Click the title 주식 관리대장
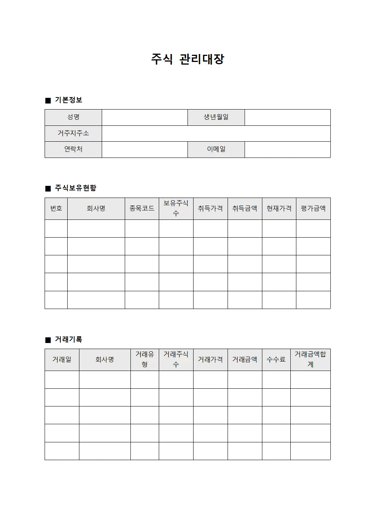(187, 59)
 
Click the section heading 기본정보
(68, 100)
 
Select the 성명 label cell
(73, 117)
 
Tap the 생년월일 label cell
(216, 117)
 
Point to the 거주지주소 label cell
(73, 133)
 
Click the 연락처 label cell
(73, 149)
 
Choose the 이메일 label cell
(216, 149)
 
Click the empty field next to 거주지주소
(216, 133)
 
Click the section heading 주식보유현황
(76, 188)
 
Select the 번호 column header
(56, 209)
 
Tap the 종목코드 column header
(142, 209)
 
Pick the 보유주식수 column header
(176, 209)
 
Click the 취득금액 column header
(245, 209)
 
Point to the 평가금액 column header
(313, 209)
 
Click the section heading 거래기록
(68, 340)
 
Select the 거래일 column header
(62, 360)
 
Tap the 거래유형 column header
(145, 360)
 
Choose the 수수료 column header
(276, 360)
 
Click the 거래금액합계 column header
(310, 360)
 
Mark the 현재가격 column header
(279, 209)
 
